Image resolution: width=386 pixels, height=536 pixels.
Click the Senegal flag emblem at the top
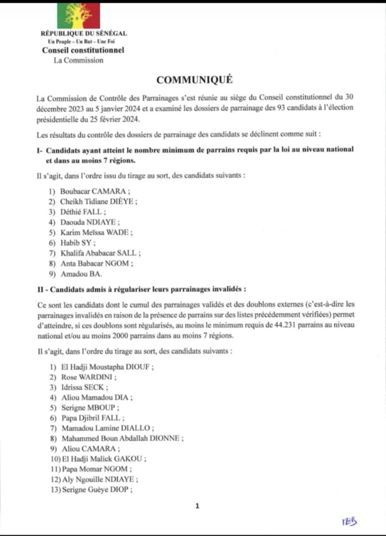78,15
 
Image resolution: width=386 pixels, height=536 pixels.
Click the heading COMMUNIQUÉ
193,79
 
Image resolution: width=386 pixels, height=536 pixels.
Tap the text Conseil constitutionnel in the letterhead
83,50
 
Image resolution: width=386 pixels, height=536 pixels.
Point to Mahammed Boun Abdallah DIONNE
121,438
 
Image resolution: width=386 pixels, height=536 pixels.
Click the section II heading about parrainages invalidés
140,288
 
